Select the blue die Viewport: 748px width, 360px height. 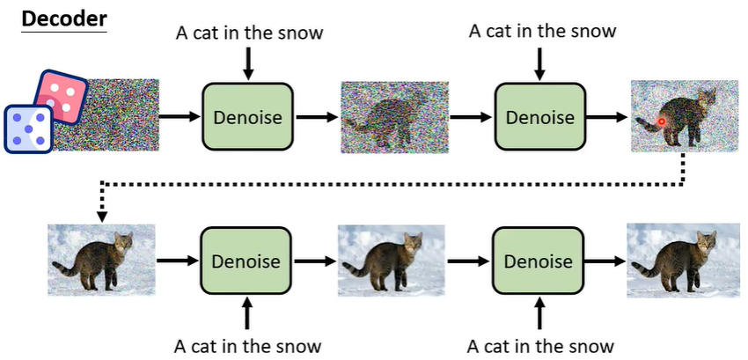(28, 129)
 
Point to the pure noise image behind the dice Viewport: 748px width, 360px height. (119, 114)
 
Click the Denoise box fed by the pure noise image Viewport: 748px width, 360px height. (247, 116)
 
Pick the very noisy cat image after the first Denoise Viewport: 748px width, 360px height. (394, 116)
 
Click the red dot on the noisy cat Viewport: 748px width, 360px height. (662, 121)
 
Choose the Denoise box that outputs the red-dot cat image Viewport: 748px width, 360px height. (539, 116)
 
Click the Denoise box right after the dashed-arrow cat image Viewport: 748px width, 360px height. (246, 261)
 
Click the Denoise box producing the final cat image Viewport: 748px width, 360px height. (538, 261)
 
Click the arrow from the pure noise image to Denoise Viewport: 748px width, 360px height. (181, 116)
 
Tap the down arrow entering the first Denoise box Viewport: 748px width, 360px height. (247, 63)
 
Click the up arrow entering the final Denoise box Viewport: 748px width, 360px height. (539, 312)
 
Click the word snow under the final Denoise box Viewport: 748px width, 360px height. (590, 345)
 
